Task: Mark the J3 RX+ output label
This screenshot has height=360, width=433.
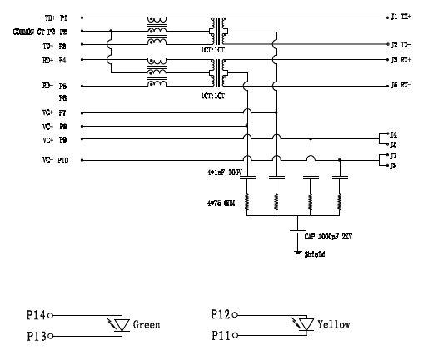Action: [x=400, y=60]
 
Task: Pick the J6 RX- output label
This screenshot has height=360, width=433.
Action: [x=400, y=85]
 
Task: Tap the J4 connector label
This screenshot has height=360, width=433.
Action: [x=393, y=133]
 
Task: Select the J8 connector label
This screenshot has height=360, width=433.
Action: [x=393, y=165]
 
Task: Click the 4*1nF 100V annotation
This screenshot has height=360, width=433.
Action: [x=223, y=172]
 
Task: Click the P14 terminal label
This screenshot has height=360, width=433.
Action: [x=36, y=316]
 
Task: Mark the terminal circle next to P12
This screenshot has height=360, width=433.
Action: [x=236, y=316]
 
